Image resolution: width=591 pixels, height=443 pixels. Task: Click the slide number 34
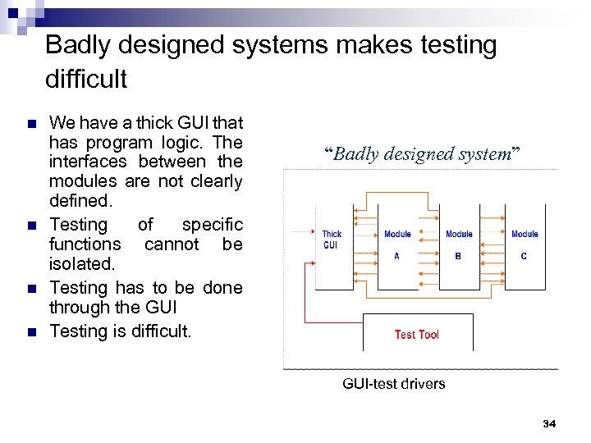(549, 423)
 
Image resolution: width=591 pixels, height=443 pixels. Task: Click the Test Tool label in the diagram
(416, 335)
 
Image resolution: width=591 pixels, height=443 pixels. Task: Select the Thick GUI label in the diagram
(332, 240)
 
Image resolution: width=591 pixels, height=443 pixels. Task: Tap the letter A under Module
(396, 256)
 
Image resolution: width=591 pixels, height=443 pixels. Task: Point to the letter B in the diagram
(458, 256)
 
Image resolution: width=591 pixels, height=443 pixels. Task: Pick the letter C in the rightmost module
(524, 256)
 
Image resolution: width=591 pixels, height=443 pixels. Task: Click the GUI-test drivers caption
(393, 384)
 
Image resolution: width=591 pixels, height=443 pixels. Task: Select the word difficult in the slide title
(86, 80)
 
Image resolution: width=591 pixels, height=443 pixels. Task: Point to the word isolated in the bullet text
(80, 264)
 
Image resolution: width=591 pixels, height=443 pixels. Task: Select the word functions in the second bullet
(85, 244)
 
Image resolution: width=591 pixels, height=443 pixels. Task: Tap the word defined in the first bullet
(78, 201)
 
